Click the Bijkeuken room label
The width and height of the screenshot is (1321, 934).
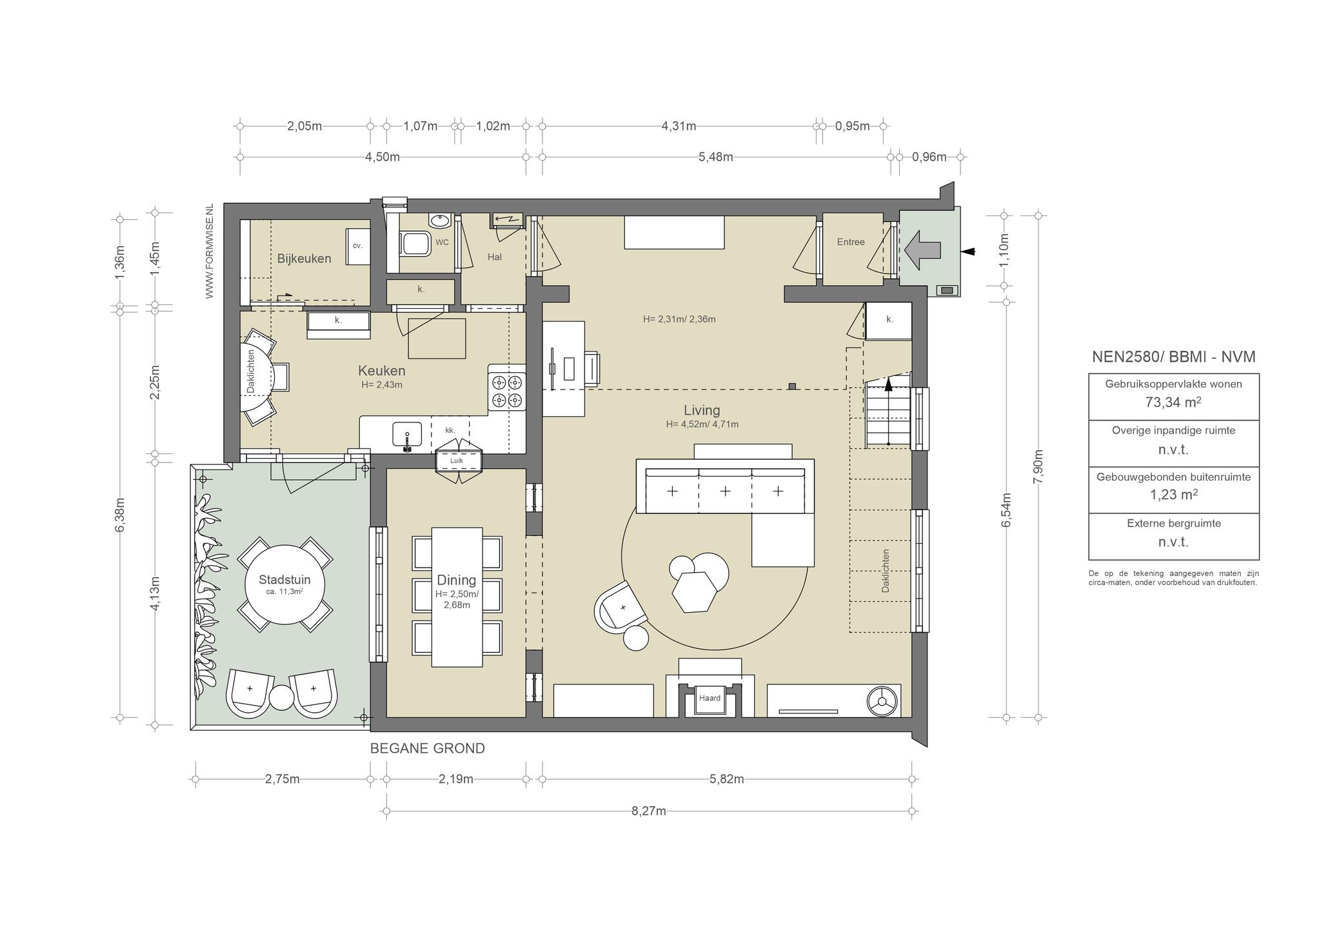tap(304, 259)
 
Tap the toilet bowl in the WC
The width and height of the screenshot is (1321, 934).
tap(417, 244)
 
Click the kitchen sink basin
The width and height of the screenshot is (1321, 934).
tap(407, 433)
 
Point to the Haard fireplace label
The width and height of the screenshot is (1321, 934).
tap(710, 698)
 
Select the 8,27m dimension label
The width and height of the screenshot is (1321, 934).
tap(649, 811)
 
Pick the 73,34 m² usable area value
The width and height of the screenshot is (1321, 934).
tap(1173, 402)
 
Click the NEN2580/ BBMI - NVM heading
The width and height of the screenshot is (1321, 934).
tap(1173, 357)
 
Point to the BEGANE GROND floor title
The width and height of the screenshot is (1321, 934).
tap(427, 748)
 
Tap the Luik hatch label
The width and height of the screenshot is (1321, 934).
tap(457, 461)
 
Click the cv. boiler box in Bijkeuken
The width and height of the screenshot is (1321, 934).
tap(358, 246)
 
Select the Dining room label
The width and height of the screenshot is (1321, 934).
tap(456, 580)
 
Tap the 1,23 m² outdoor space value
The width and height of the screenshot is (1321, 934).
tap(1173, 495)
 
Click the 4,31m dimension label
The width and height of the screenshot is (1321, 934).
tap(679, 126)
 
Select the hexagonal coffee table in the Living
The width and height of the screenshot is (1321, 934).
tap(694, 591)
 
